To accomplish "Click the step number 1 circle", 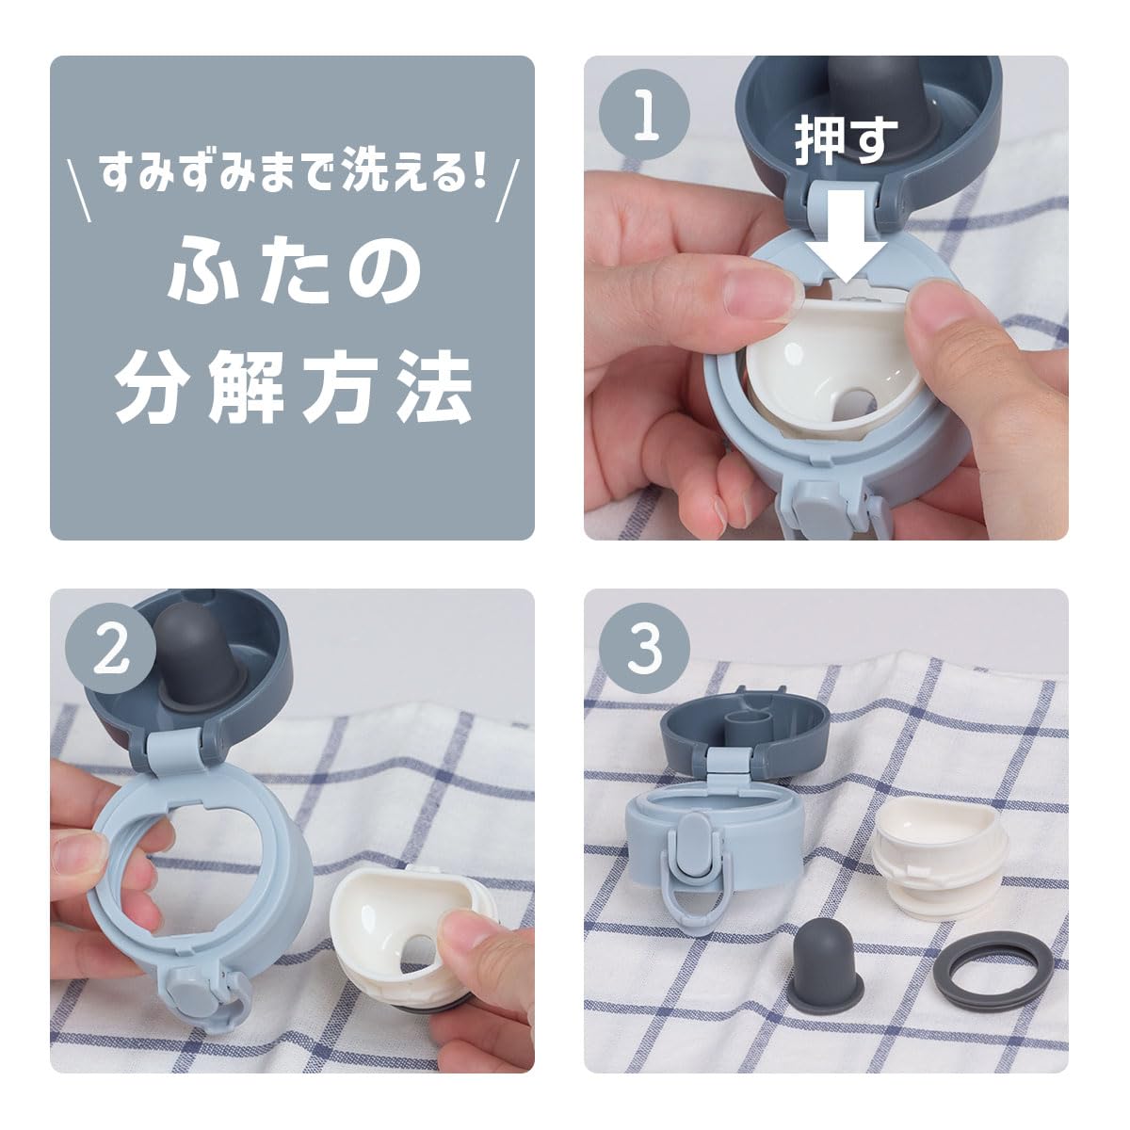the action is (x=645, y=114).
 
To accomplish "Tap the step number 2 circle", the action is (x=110, y=649).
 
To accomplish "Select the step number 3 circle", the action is (x=644, y=649).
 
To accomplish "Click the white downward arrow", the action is (x=846, y=237).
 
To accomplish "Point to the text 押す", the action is (x=846, y=140).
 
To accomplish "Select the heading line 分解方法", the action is (x=293, y=387).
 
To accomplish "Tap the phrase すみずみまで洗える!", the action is (x=293, y=171).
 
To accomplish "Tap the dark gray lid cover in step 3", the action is (x=744, y=726).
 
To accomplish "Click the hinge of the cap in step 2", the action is (x=176, y=754).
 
